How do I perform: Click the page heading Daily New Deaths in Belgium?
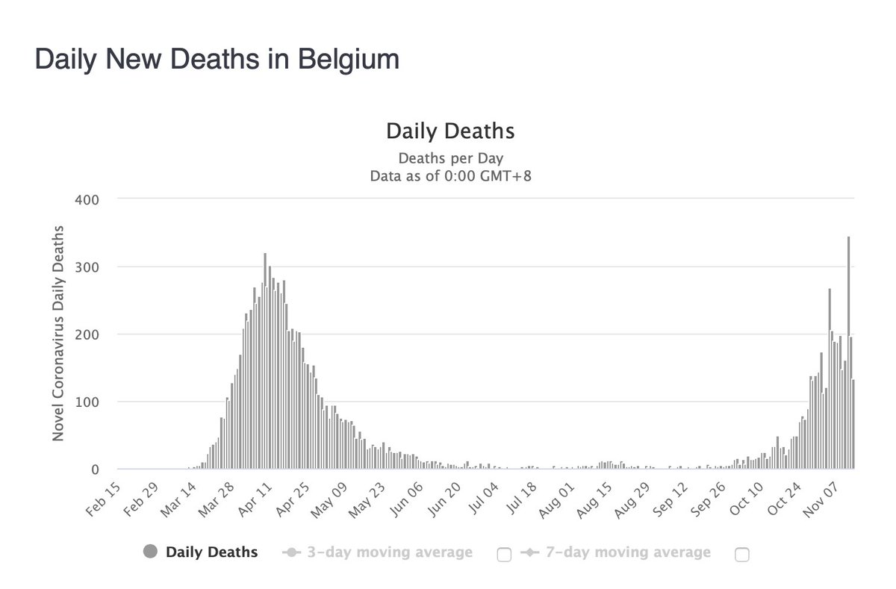[217, 60]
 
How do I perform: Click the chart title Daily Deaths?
[449, 131]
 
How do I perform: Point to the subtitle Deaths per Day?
[450, 158]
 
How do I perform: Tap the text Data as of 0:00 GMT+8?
[449, 176]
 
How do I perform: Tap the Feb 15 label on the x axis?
[103, 502]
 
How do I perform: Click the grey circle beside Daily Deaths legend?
[149, 552]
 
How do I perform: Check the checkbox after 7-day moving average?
[741, 554]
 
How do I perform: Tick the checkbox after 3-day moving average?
[503, 554]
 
